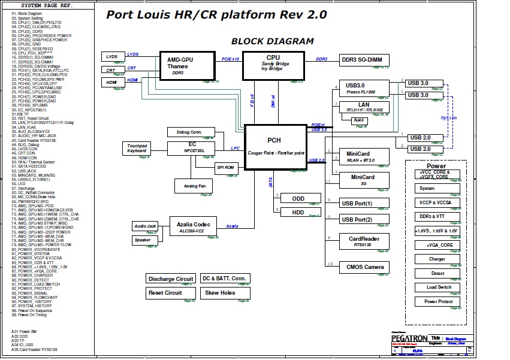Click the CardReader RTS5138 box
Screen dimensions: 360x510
(364, 241)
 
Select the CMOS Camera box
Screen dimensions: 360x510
(364, 267)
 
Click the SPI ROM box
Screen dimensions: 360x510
(225, 168)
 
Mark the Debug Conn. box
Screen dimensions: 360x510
(189, 132)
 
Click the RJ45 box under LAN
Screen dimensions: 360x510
(360, 120)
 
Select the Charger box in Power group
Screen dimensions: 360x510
(437, 259)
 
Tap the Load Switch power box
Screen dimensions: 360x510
(439, 287)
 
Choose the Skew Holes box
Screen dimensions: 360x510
(220, 293)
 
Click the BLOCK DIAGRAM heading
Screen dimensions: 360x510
(272, 41)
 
